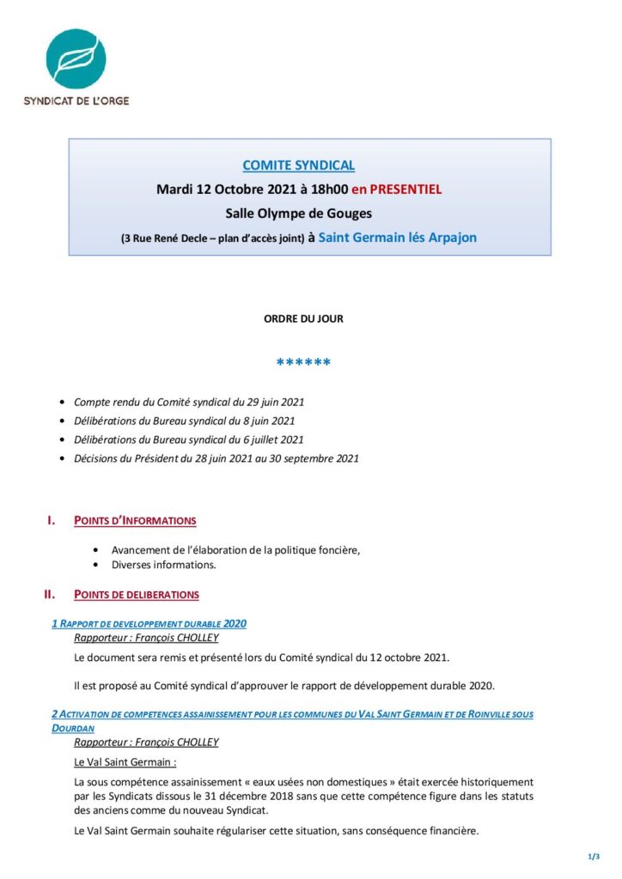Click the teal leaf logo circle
[x=76, y=58]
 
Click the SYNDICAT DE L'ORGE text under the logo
[x=76, y=100]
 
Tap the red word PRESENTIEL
[x=406, y=190]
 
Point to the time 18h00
[x=326, y=190]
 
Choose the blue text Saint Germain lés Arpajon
[x=397, y=237]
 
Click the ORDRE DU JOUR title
[x=303, y=318]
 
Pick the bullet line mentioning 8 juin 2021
[x=185, y=421]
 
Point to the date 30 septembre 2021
[x=316, y=458]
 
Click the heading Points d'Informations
[x=135, y=521]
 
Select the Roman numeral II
[x=50, y=594]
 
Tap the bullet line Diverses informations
[x=163, y=565]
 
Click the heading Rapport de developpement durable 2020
[x=149, y=623]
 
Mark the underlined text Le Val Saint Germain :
[x=125, y=761]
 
